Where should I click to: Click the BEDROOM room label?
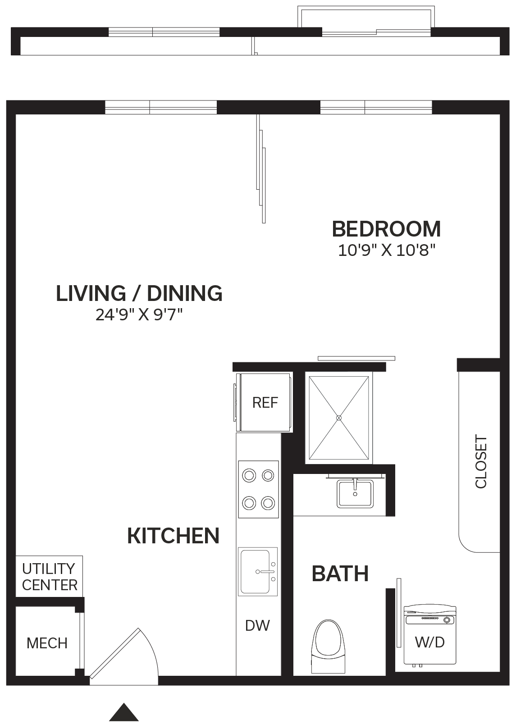coord(386,229)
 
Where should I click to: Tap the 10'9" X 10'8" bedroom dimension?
coord(387,250)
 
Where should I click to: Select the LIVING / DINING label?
coord(139,293)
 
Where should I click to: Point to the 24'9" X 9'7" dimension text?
coord(139,314)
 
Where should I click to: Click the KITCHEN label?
coord(174,536)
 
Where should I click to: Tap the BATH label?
coord(340,574)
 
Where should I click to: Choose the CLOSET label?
coord(481,461)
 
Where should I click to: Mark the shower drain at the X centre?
coord(339,418)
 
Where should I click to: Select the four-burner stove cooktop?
coord(258,489)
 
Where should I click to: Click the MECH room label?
coord(47,643)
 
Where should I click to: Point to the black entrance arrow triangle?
coord(124,712)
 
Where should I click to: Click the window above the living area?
coord(161,107)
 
